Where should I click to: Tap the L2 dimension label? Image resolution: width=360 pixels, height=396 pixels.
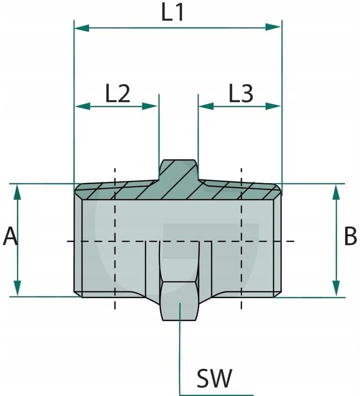pyautogui.click(x=117, y=93)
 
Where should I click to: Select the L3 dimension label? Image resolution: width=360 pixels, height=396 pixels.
pyautogui.click(x=240, y=93)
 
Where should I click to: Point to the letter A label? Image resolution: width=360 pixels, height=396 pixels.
pyautogui.click(x=10, y=236)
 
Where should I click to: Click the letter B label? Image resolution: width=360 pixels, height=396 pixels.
pyautogui.click(x=350, y=236)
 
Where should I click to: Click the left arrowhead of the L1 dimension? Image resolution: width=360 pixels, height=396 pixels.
pyautogui.click(x=81, y=28)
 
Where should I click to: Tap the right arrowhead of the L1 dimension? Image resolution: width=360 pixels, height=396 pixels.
pyautogui.click(x=273, y=27)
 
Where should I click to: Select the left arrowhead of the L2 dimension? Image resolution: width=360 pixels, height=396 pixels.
pyautogui.click(x=83, y=106)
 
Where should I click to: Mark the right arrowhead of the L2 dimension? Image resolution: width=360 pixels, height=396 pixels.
pyautogui.click(x=150, y=106)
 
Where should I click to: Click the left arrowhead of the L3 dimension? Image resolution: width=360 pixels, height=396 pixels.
pyautogui.click(x=206, y=106)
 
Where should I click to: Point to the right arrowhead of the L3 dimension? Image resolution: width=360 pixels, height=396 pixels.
pyautogui.click(x=273, y=106)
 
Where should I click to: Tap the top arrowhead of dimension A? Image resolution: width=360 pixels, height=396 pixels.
pyautogui.click(x=17, y=192)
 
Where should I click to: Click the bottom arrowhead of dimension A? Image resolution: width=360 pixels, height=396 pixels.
pyautogui.click(x=17, y=288)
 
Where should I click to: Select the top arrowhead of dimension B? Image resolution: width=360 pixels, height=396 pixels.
pyautogui.click(x=336, y=192)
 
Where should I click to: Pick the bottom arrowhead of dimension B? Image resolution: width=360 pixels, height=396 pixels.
pyautogui.click(x=336, y=288)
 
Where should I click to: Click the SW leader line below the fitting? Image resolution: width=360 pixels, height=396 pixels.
pyautogui.click(x=179, y=350)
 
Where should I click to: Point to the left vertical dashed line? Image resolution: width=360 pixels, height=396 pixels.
pyautogui.click(x=115, y=238)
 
